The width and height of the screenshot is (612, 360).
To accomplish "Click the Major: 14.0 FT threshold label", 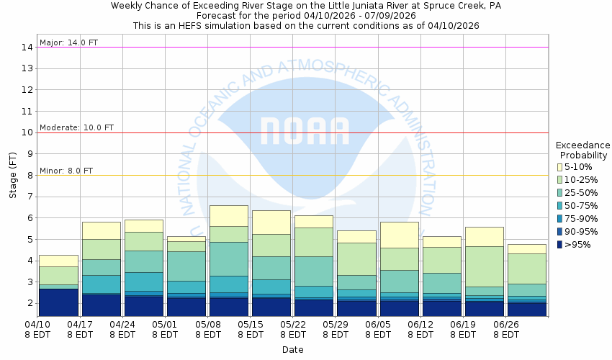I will pyautogui.click(x=68, y=42).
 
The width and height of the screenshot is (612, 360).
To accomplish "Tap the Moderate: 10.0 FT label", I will pyautogui.click(x=76, y=127).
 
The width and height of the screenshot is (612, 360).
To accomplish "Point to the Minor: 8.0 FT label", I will pyautogui.click(x=66, y=171).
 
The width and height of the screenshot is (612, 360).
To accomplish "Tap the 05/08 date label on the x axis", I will pyautogui.click(x=207, y=325).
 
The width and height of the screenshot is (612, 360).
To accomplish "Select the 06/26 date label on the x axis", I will pyautogui.click(x=505, y=325).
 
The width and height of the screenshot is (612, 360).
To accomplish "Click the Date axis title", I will pyautogui.click(x=292, y=350).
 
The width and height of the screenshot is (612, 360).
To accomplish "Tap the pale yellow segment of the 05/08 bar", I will pyautogui.click(x=229, y=215).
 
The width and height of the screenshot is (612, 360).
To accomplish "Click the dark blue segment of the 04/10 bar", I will pyautogui.click(x=58, y=302).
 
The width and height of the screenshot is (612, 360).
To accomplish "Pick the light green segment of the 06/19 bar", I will pyautogui.click(x=484, y=266).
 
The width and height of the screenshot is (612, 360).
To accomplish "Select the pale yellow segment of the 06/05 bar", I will pyautogui.click(x=399, y=234).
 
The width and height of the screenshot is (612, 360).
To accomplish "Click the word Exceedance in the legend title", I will pyautogui.click(x=582, y=145).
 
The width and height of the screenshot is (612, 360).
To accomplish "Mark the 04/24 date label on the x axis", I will pyautogui.click(x=122, y=325).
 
